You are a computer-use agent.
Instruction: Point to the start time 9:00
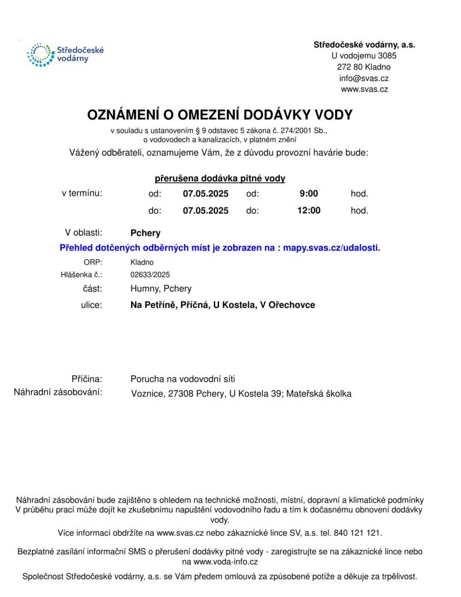point(309,194)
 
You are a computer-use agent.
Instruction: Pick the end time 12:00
point(309,210)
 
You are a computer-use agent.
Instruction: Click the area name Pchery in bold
point(146,233)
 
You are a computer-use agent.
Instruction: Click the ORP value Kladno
point(142,262)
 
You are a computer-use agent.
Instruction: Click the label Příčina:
point(87,378)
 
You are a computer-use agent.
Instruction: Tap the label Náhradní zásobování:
point(58,392)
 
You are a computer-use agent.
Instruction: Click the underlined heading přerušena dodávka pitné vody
point(220,178)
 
